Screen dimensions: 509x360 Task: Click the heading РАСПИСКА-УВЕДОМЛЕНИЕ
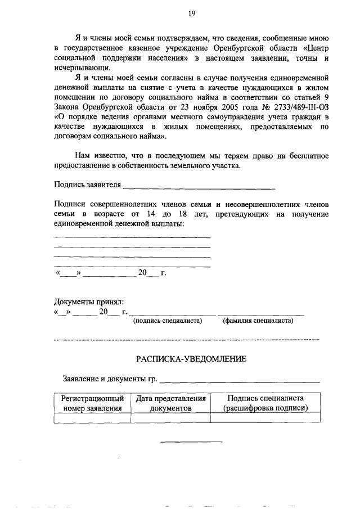pyautogui.click(x=191, y=359)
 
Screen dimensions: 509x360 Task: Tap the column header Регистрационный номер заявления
pyautogui.click(x=92, y=403)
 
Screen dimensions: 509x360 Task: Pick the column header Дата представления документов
pyautogui.click(x=171, y=403)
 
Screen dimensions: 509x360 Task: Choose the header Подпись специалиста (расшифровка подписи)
pyautogui.click(x=265, y=403)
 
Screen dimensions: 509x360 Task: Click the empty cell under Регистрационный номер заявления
pyautogui.click(x=92, y=418)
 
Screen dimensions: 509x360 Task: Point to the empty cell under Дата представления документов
pyautogui.click(x=171, y=418)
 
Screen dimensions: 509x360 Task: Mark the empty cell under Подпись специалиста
pyautogui.click(x=265, y=418)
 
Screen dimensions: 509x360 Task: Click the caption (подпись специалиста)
pyautogui.click(x=167, y=321)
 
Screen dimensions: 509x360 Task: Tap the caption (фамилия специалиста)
pyautogui.click(x=258, y=321)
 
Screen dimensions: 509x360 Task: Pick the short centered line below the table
pyautogui.click(x=191, y=440)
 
